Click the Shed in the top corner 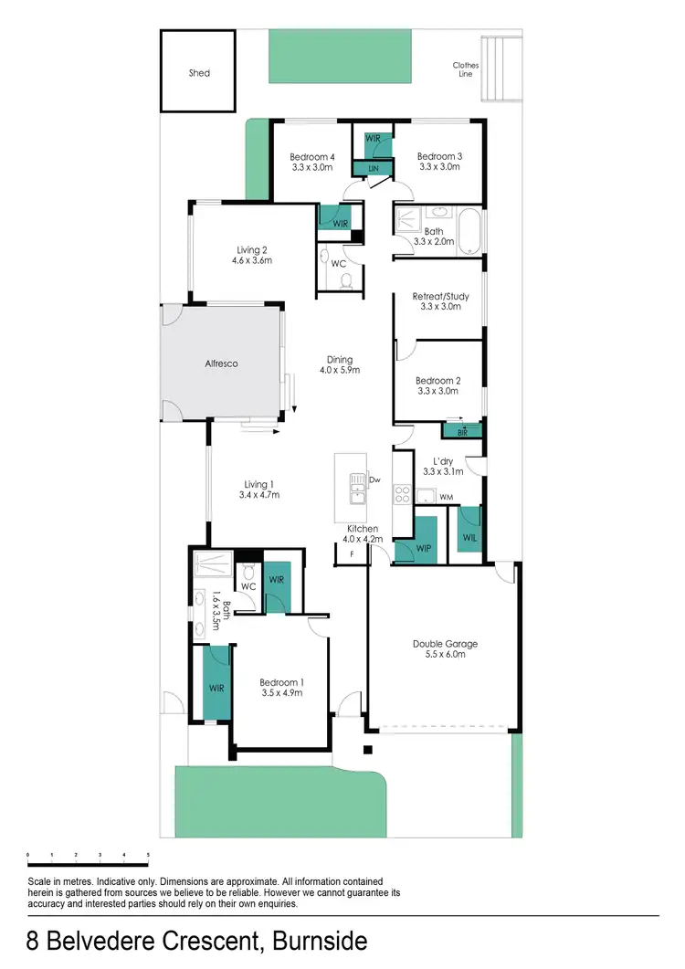click(199, 72)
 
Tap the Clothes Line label click(466, 69)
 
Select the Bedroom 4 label click(312, 157)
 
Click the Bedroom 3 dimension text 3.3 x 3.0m click(438, 167)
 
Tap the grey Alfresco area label click(220, 363)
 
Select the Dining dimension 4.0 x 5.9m click(340, 370)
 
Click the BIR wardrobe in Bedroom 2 click(462, 430)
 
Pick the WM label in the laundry click(447, 497)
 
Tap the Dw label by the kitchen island click(374, 479)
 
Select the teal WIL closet click(469, 537)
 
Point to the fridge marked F click(352, 554)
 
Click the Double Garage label click(444, 644)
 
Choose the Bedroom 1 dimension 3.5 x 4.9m click(280, 693)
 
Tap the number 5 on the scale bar click(148, 855)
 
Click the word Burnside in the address click(307, 942)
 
